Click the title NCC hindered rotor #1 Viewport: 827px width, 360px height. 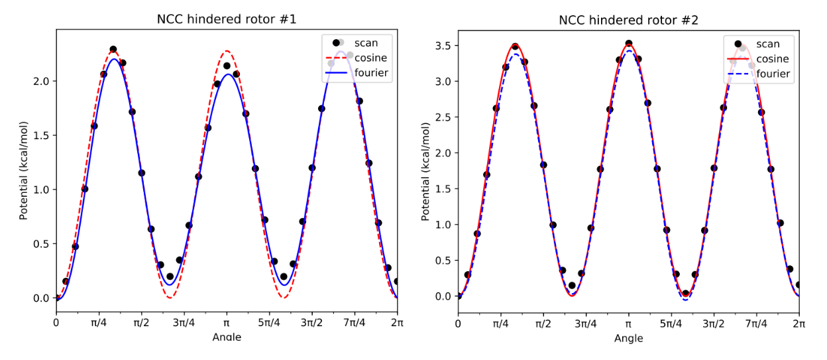coord(226,19)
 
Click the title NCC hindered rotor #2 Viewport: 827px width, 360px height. coord(628,20)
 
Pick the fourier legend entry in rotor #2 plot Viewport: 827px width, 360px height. coord(773,74)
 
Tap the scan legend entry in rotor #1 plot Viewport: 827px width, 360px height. coord(366,43)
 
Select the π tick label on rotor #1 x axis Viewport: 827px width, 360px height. coord(227,323)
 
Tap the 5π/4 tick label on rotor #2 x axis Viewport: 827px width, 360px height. coord(671,324)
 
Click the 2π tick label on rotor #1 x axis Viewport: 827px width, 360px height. coord(397,323)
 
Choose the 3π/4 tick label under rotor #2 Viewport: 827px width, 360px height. coord(586,324)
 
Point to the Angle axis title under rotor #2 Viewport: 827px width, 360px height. coord(628,338)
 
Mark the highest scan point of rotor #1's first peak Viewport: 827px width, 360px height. coord(113,50)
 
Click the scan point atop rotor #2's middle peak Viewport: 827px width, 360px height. coord(629,44)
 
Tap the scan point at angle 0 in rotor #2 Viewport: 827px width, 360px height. coord(459,296)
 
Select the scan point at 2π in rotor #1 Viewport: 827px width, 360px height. coord(397,281)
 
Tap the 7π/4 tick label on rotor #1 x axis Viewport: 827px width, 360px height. coord(354,323)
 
